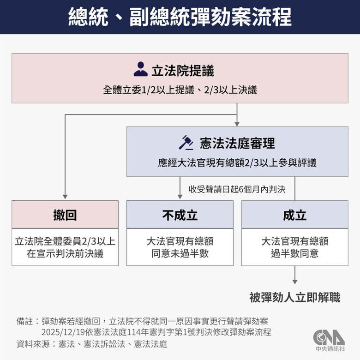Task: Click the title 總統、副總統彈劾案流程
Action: click(180, 17)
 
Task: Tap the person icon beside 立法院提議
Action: click(140, 69)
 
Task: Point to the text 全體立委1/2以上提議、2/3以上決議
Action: click(180, 90)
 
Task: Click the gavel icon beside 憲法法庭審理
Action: click(186, 143)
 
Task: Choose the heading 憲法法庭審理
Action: click(237, 143)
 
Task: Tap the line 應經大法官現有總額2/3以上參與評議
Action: click(237, 163)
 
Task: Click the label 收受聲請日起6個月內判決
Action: click(237, 189)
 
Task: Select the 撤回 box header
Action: click(65, 215)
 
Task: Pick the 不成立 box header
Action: click(180, 215)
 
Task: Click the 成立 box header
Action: click(295, 215)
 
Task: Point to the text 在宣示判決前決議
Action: click(65, 253)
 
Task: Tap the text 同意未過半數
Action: click(180, 253)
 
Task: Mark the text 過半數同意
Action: click(295, 253)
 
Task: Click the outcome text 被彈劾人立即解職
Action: click(295, 298)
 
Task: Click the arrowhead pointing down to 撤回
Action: click(65, 196)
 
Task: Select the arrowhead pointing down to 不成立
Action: click(180, 196)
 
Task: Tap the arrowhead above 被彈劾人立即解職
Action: click(295, 281)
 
